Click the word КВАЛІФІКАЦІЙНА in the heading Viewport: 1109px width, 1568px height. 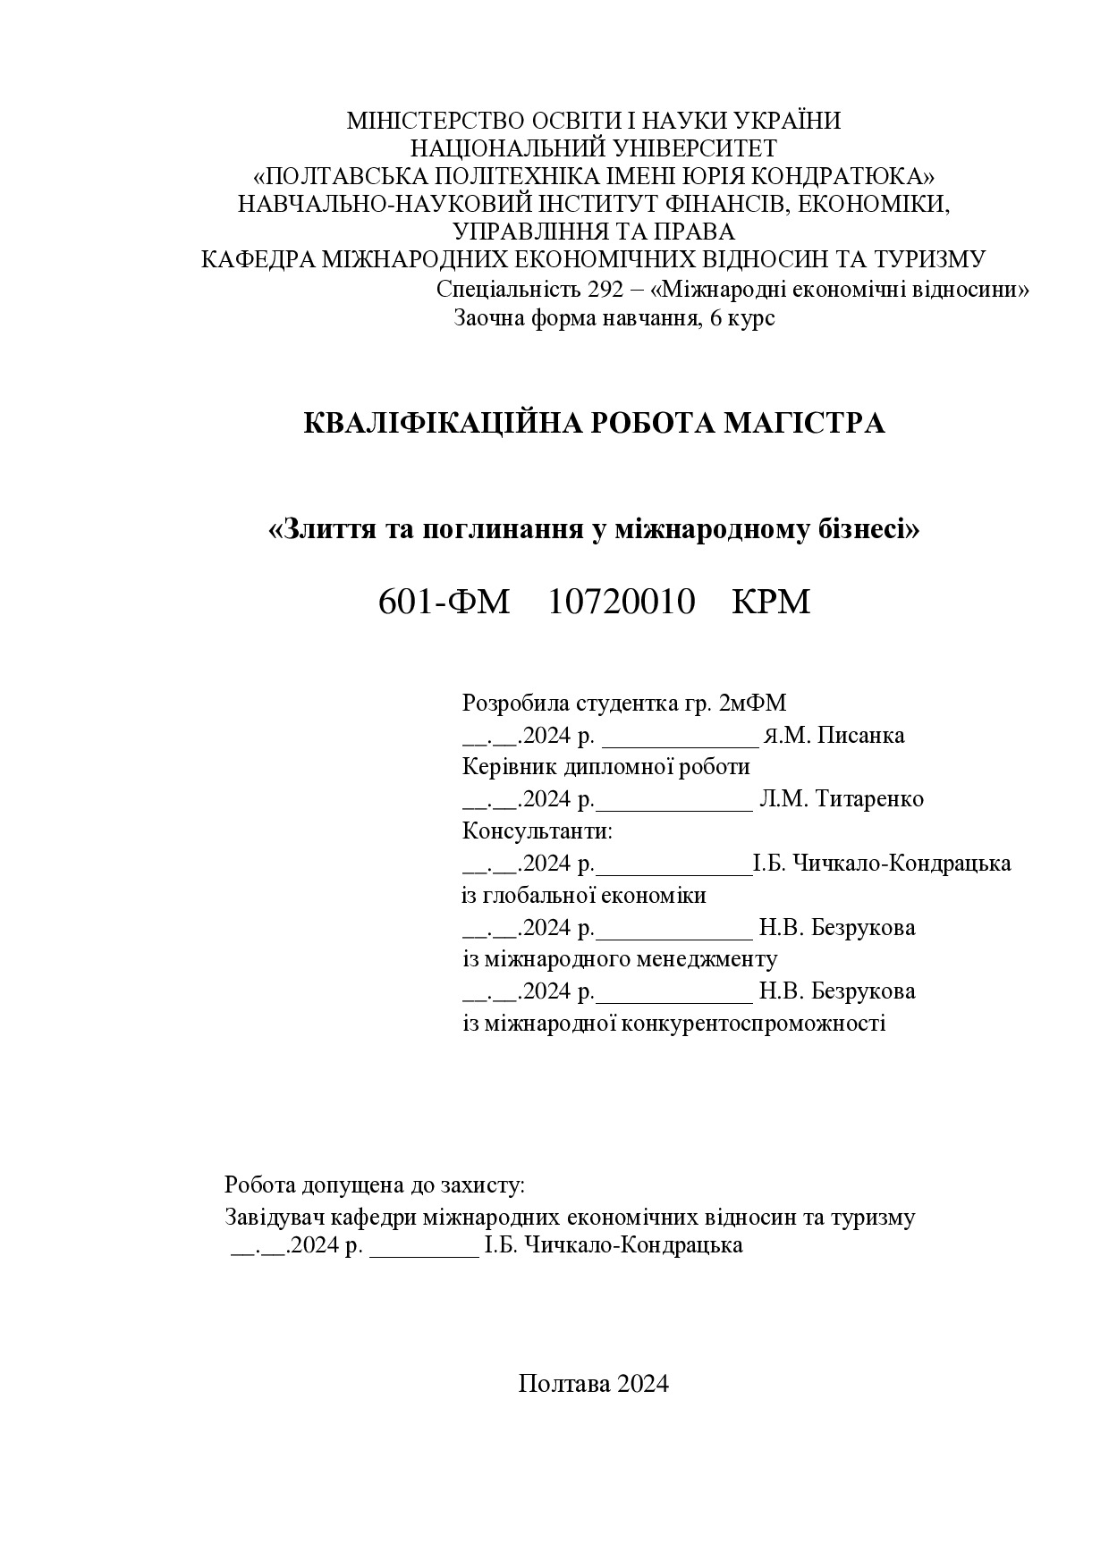coord(440,423)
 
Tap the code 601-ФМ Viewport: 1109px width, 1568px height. coord(444,603)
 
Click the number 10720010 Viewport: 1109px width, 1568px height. coord(621,603)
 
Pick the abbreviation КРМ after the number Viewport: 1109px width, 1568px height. coord(771,603)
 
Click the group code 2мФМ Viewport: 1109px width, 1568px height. coord(752,704)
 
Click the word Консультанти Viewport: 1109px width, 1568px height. coord(537,831)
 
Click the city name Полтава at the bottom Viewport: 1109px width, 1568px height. coord(559,1384)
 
